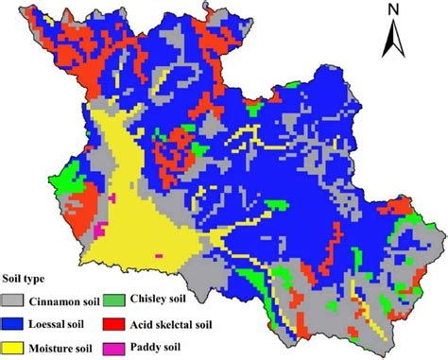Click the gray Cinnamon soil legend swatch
tap(18, 300)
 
